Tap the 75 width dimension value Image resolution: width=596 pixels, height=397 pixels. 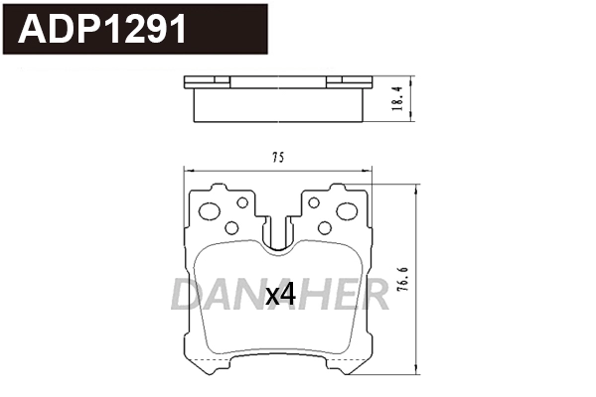[278, 158]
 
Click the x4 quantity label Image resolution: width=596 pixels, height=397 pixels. [281, 294]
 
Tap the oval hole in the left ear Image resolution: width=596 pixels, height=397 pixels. [211, 211]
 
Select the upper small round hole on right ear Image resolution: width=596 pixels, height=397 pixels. [314, 202]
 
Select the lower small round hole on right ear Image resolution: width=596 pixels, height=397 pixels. [324, 227]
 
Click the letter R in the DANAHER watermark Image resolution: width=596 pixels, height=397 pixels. [373, 294]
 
